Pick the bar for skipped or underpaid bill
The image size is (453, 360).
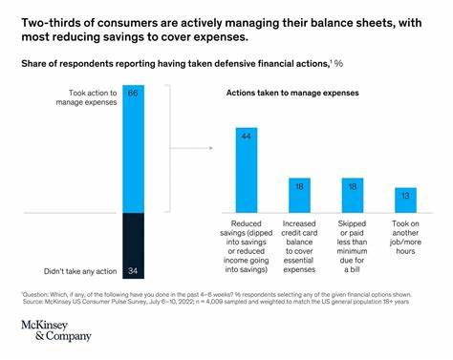pos(352,194)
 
